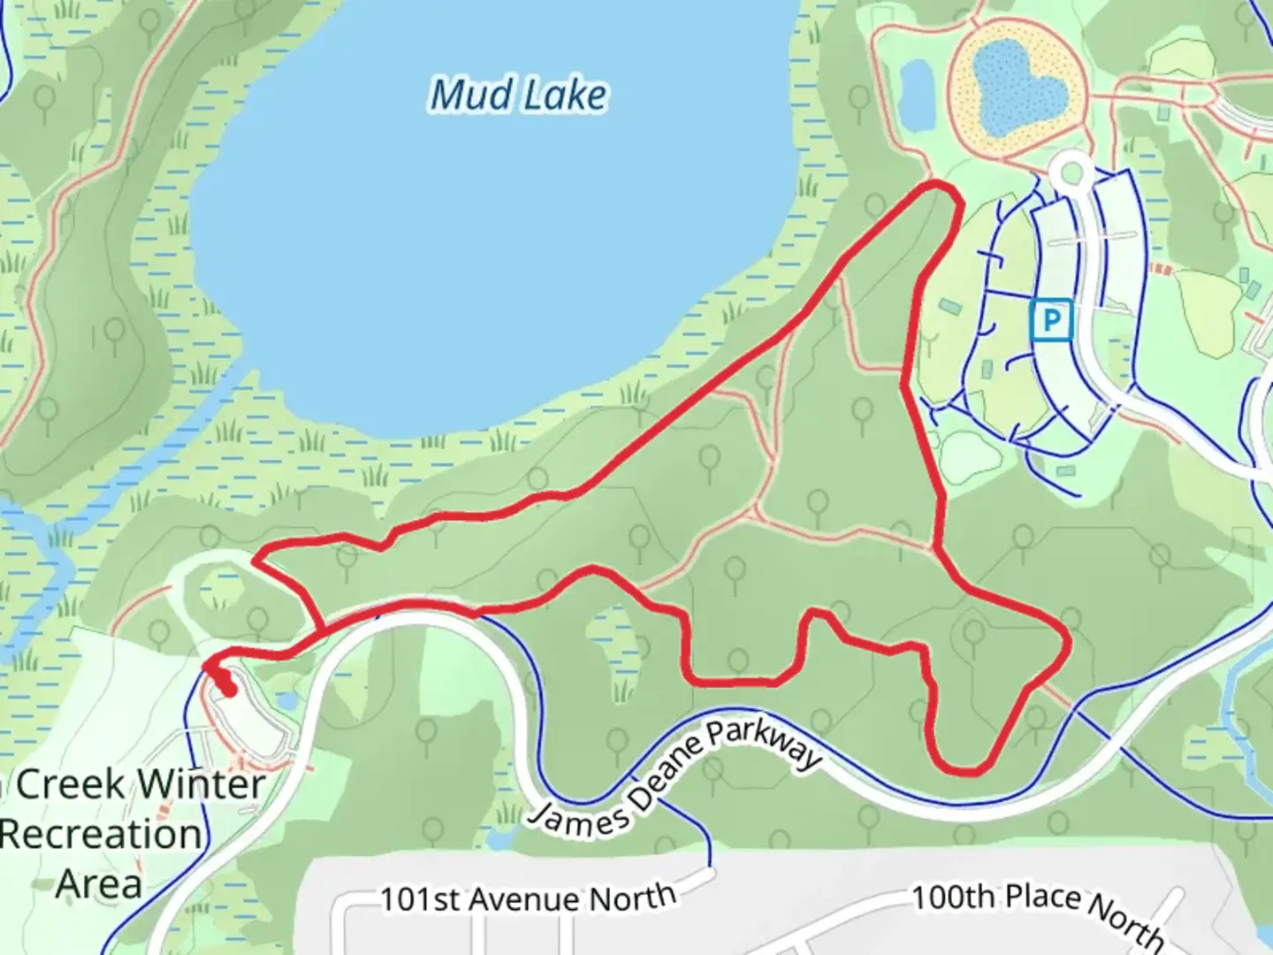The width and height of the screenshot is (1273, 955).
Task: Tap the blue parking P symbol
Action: pyautogui.click(x=1051, y=319)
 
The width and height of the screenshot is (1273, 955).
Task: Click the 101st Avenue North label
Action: pyautogui.click(x=528, y=898)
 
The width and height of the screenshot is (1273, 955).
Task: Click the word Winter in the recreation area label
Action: pyautogui.click(x=202, y=784)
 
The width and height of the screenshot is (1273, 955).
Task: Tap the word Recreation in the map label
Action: pyautogui.click(x=101, y=834)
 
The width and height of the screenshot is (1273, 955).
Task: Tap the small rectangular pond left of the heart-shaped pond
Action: pyautogui.click(x=917, y=93)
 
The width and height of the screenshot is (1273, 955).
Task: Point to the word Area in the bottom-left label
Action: pyautogui.click(x=99, y=882)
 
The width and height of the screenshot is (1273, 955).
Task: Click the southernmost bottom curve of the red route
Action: pyautogui.click(x=964, y=770)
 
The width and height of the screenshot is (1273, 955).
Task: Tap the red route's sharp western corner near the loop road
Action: pyautogui.click(x=255, y=560)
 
